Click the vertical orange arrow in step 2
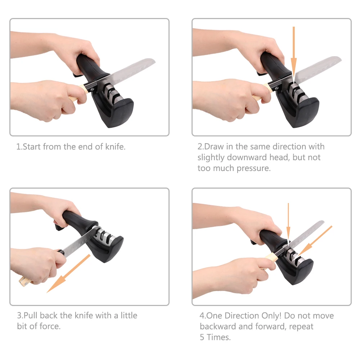tap(294, 54)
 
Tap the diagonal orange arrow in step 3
tap(68, 273)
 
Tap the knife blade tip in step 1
tap(155, 61)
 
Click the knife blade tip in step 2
tap(341, 59)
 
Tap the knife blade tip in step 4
tap(323, 222)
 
